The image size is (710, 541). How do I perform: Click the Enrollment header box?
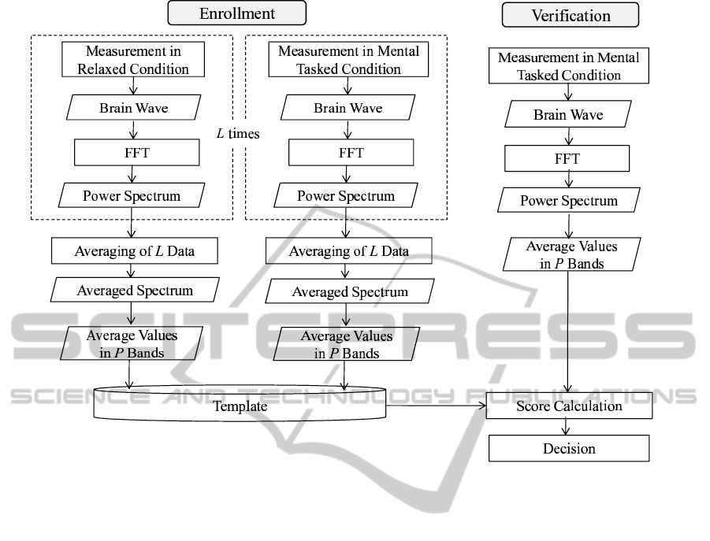237,14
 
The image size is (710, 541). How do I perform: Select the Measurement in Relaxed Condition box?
133,59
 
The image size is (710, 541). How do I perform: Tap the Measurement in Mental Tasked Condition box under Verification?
568,66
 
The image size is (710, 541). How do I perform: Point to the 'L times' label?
239,135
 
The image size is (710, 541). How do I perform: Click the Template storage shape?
240,406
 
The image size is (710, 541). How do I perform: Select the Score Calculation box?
569,406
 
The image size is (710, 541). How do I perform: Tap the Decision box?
569,449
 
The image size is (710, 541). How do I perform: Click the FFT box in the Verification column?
568,159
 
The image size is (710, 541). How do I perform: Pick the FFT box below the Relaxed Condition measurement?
133,151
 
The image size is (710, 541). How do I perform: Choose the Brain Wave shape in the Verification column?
568,115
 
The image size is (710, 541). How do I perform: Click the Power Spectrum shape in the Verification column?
568,201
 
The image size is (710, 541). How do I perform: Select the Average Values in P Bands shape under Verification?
568,254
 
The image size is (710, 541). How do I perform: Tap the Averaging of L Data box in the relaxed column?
134,252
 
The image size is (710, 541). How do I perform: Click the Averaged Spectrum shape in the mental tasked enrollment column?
350,291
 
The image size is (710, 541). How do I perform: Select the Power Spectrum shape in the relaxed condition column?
133,195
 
